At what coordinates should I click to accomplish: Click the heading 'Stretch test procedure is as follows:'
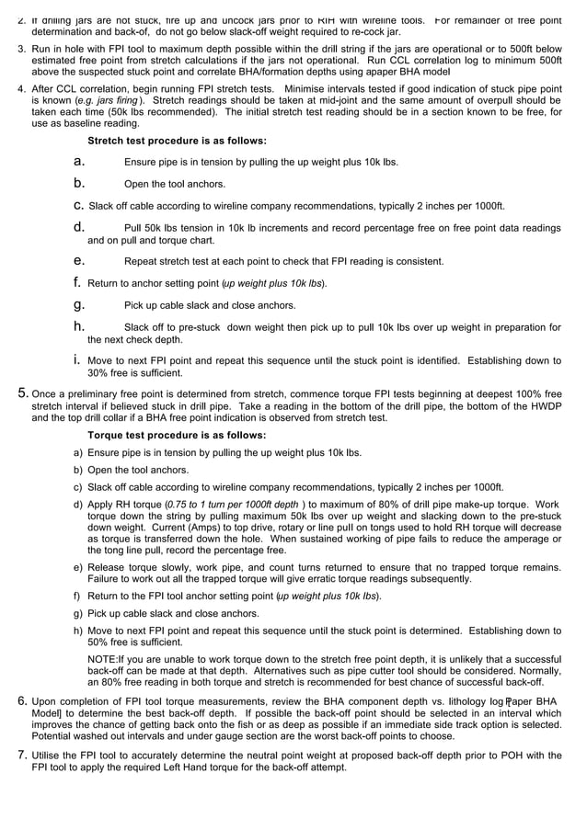(x=177, y=141)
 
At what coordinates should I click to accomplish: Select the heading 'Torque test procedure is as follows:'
(x=176, y=435)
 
